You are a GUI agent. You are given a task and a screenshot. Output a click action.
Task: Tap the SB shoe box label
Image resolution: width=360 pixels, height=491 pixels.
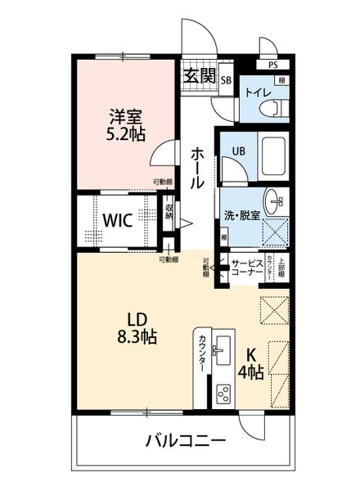point(225,79)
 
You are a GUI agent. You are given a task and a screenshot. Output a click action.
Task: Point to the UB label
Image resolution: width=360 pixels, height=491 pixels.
point(240,151)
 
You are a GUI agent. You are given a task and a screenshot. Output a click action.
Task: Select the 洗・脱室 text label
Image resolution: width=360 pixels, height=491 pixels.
point(243,215)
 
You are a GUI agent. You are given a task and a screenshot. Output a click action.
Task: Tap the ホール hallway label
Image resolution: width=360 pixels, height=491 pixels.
point(197,168)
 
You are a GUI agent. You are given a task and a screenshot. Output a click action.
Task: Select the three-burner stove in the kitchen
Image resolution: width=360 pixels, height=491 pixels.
point(223,394)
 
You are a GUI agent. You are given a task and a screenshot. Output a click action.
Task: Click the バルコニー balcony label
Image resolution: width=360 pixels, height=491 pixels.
point(187,442)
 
